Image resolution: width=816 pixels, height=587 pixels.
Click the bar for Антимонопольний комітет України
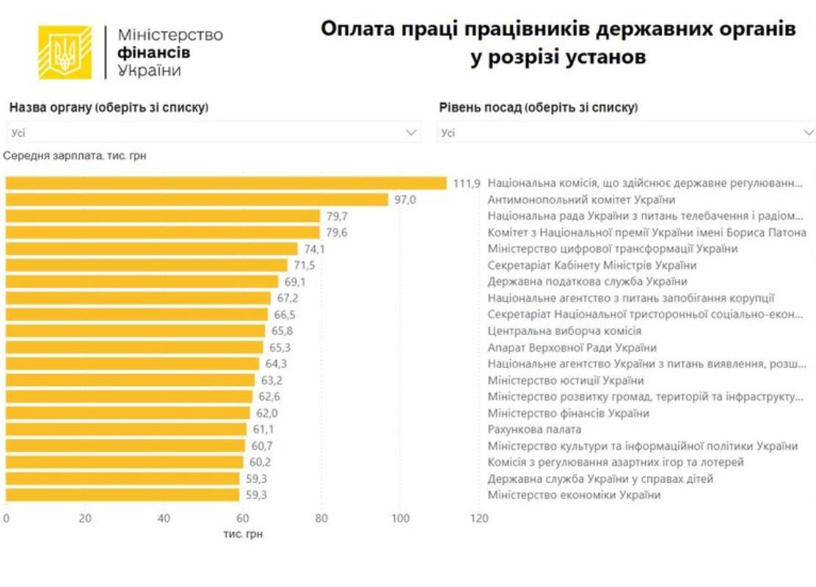coord(197,199)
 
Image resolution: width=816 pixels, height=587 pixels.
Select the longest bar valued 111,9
coord(226,183)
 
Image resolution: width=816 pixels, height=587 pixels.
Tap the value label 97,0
coord(405,199)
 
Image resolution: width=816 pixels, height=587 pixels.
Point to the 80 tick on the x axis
coord(321,518)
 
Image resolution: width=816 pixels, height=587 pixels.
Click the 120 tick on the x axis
coord(478,518)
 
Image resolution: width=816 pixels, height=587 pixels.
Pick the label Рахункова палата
coord(534,429)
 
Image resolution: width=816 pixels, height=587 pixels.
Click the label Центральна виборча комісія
coord(564,331)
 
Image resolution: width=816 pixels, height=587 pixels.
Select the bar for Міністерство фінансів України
coord(128,413)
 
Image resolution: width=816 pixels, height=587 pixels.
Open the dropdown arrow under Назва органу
coord(411,133)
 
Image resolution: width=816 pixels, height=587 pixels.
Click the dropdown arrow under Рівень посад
coord(809,133)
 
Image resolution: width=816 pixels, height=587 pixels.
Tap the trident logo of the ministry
coord(65,53)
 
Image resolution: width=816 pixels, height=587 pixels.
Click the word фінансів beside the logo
coord(153,53)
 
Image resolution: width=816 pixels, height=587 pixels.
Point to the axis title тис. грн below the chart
coord(243,534)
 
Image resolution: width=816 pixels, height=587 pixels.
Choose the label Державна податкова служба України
coord(587,281)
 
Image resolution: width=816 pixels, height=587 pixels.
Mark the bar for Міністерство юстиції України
coord(130,380)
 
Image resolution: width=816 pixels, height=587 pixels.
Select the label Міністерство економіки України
coord(574,494)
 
